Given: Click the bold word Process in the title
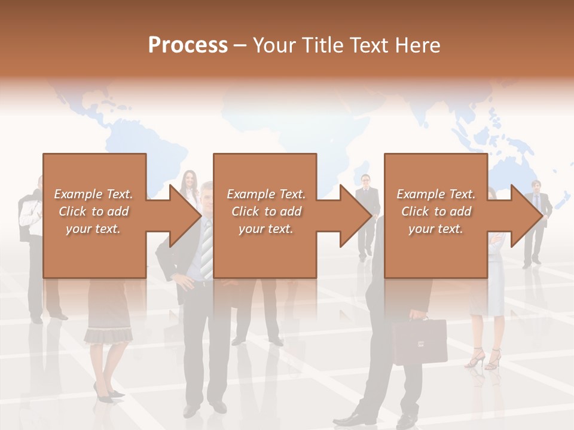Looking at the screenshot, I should click(188, 45).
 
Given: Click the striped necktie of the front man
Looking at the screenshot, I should click(206, 248).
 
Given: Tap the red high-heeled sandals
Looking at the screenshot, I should click(484, 358).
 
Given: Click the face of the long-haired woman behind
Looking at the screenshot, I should click(190, 179).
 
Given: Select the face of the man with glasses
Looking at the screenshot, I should click(366, 180).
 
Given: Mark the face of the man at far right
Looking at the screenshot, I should click(536, 186).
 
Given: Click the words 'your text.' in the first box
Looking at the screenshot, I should click(93, 229).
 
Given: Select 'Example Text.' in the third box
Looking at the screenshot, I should click(436, 194).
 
